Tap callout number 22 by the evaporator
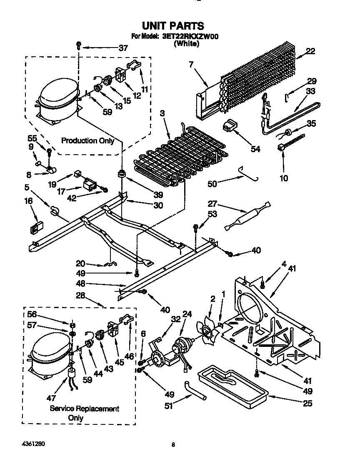[311, 51]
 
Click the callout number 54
[255, 149]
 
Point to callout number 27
[212, 203]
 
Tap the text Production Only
[87, 140]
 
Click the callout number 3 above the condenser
[162, 113]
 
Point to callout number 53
[212, 214]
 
